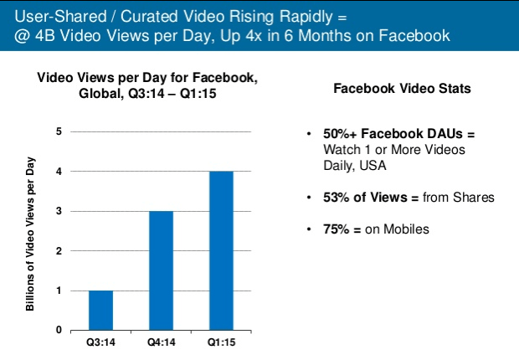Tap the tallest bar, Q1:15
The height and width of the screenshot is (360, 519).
(221, 250)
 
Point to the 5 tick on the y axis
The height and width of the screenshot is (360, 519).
(59, 131)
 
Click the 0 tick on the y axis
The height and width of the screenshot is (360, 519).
(59, 330)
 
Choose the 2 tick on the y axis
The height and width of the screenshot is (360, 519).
(59, 250)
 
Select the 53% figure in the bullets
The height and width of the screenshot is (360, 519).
(336, 197)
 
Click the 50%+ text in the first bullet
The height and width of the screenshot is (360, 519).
(340, 135)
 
